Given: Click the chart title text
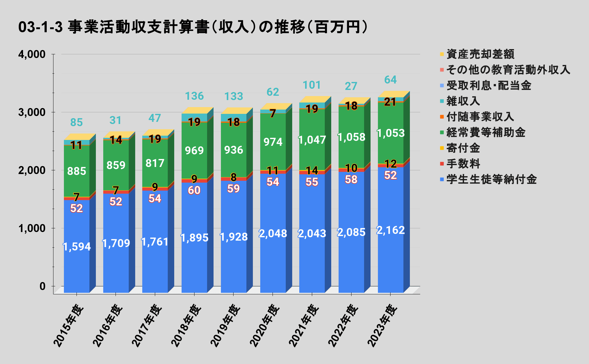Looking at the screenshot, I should pos(193,27).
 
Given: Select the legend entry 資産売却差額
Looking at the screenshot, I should pos(480,54).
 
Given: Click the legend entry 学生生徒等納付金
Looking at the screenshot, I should pos(491,179).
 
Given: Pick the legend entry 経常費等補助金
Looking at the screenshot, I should pos(485,133).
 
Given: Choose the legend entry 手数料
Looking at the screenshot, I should pos(463,164).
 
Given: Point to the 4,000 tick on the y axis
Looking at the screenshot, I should pos(32,54).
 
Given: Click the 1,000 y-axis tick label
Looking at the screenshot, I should pos(32,228).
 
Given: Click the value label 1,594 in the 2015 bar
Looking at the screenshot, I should pos(77,247).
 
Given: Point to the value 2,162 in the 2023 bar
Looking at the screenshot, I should pos(391,230).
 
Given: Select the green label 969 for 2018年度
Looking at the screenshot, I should pos(194,151).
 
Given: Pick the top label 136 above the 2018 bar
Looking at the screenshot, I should pos(194,96).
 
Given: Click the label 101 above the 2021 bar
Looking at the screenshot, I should pos(312,85).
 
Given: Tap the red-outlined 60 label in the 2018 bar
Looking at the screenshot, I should pos(194,190).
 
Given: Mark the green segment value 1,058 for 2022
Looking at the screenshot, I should pos(351,137).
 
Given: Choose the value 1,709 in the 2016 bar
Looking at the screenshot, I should pos(116,243).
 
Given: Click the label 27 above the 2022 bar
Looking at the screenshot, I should pos(351,86).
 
